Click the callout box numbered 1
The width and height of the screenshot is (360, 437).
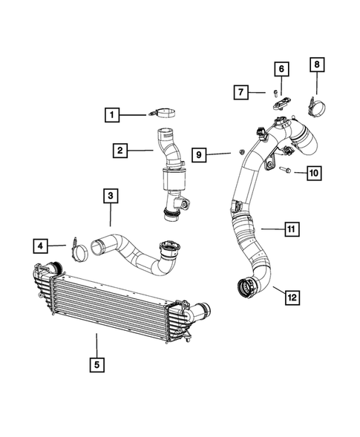tap(111, 115)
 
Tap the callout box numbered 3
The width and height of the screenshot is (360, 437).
tap(110, 196)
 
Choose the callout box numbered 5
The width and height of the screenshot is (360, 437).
tap(96, 364)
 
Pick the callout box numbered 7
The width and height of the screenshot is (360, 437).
tap(241, 92)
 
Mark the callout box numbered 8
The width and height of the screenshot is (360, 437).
tap(316, 65)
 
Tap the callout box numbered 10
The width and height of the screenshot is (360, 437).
tap(312, 173)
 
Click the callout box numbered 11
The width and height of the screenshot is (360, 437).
tap(292, 229)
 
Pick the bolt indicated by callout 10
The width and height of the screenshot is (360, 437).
tap(285, 172)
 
